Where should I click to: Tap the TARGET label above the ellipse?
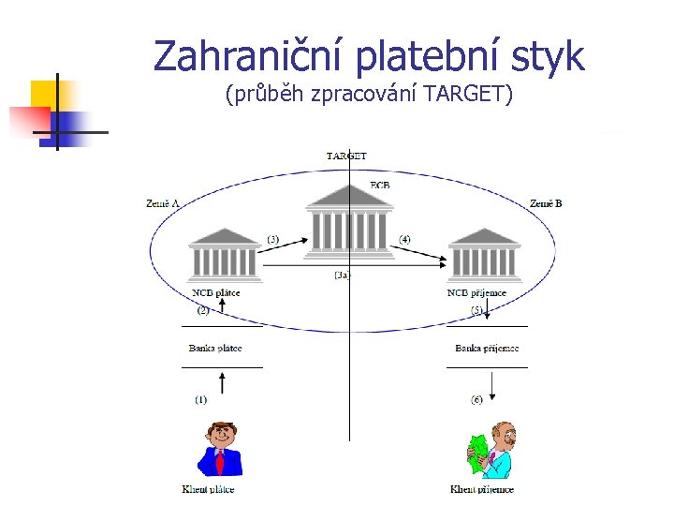pos(345,156)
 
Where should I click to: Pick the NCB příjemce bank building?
pos(483,254)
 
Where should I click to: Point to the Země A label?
pos(163,202)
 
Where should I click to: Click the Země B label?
pos(546,202)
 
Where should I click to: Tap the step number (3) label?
pos(272,240)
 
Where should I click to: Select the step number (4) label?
pos(404,240)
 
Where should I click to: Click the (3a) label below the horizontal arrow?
pos(343,275)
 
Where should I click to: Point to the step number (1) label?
pos(201,399)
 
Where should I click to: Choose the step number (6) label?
pos(476,399)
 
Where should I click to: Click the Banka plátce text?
pos(215,349)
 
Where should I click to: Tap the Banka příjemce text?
pos(487,349)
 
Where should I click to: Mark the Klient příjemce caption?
pos(481,489)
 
